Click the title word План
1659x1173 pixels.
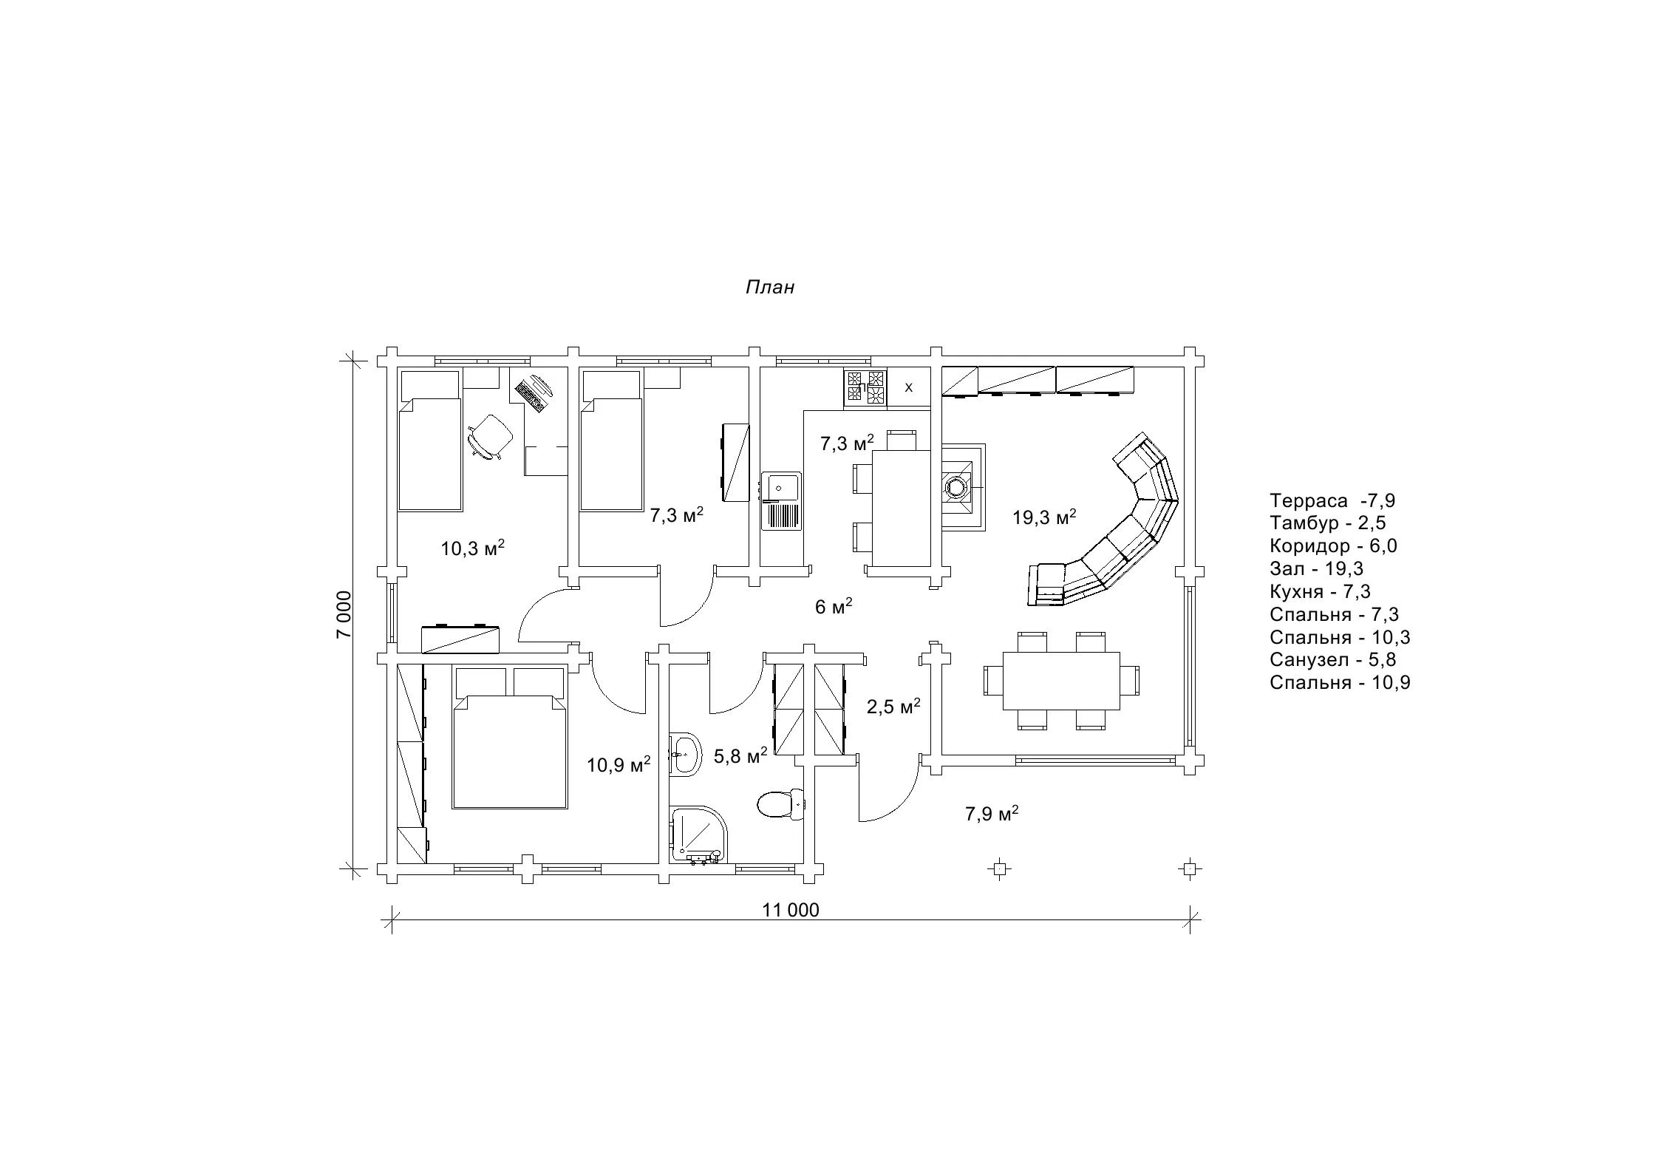pos(769,287)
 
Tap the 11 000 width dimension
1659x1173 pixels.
pos(791,910)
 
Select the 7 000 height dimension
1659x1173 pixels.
pos(344,614)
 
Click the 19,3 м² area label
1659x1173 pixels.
pos(1043,517)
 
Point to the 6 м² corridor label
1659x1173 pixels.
pos(834,606)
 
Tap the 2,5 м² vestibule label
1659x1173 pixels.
pos(893,706)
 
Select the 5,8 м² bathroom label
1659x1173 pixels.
pos(740,755)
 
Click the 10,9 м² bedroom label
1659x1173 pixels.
pos(619,764)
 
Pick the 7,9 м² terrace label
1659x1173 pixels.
pos(992,814)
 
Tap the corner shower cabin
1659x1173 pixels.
pos(699,835)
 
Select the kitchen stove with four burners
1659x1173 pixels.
pos(865,388)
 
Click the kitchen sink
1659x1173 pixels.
pos(782,501)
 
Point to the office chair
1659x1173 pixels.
pos(490,437)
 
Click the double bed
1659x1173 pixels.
pos(510,738)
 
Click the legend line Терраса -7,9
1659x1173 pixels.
pos(1332,500)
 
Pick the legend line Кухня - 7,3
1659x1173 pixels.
pos(1320,591)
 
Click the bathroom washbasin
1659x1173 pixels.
pos(685,755)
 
